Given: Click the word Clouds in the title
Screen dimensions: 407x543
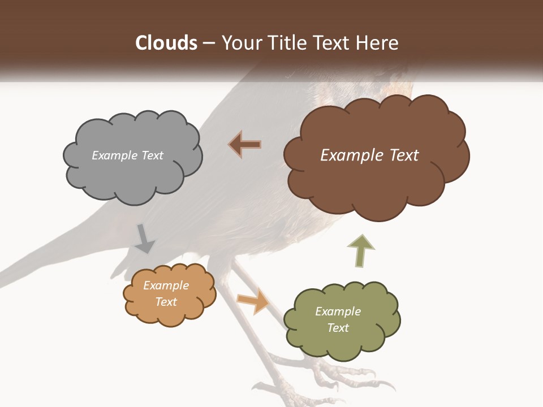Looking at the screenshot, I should [x=166, y=43].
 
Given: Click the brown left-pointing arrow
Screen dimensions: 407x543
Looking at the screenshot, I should [x=245, y=144].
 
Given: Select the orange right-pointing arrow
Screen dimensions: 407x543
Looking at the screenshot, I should [x=253, y=301].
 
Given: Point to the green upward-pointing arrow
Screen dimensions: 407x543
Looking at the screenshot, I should [x=360, y=250].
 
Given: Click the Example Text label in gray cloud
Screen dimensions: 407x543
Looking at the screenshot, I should [x=127, y=155].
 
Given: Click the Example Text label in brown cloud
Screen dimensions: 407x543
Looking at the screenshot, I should [x=369, y=155].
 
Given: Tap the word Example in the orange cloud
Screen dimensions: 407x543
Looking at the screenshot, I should [x=166, y=285].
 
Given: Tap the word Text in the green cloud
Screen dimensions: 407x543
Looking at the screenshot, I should [x=338, y=328].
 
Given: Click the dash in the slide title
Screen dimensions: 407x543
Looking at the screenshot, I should [x=209, y=44].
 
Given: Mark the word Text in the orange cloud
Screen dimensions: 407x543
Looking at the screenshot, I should [x=166, y=302].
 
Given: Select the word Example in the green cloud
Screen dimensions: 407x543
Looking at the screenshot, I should [x=338, y=311].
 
